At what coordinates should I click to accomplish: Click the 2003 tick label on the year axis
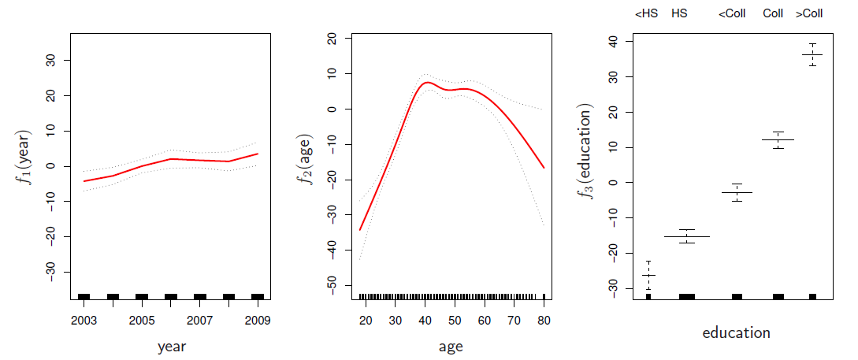pyautogui.click(x=84, y=321)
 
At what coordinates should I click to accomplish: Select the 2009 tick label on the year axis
pyautogui.click(x=258, y=321)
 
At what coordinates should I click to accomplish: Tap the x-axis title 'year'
pyautogui.click(x=171, y=346)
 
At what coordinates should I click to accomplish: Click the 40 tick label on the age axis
pyautogui.click(x=425, y=321)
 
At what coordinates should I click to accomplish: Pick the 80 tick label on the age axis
pyautogui.click(x=544, y=321)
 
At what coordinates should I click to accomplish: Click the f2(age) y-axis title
pyautogui.click(x=308, y=166)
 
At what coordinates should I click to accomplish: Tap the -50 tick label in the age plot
pyautogui.click(x=332, y=285)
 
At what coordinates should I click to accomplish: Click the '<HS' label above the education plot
pyautogui.click(x=646, y=13)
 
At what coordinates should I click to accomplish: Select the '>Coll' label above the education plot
pyautogui.click(x=809, y=13)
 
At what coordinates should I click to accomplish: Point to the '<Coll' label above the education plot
pyautogui.click(x=732, y=13)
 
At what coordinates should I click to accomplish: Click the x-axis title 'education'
pyautogui.click(x=736, y=333)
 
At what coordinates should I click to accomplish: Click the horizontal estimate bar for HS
pyautogui.click(x=687, y=236)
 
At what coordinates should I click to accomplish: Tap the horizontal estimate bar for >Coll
pyautogui.click(x=812, y=54)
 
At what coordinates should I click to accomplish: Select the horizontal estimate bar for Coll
pyautogui.click(x=778, y=139)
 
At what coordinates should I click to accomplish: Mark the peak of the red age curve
pyautogui.click(x=427, y=82)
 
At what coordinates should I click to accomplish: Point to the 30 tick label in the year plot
pyautogui.click(x=50, y=61)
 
